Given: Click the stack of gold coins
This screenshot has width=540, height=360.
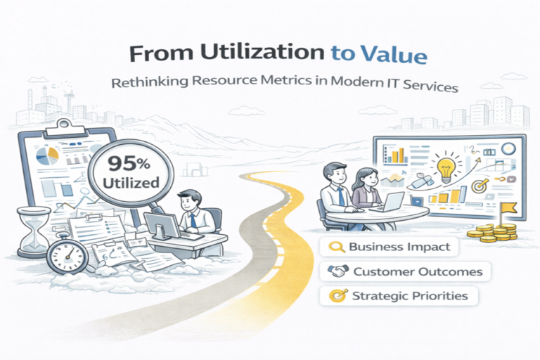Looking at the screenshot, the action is (493, 232).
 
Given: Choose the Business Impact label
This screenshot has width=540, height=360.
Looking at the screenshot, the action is (389, 247).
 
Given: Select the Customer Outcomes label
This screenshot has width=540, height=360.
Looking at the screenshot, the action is (405, 271).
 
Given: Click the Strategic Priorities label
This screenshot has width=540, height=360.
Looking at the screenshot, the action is (399, 296).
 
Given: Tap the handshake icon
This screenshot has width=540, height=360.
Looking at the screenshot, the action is (337, 271).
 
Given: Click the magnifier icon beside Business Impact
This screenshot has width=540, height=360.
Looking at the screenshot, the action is (337, 247).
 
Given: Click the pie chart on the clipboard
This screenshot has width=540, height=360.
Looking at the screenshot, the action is (48, 155).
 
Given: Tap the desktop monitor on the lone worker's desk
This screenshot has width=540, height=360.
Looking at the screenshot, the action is (162, 226).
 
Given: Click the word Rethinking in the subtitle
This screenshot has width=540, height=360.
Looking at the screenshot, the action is (150, 82).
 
